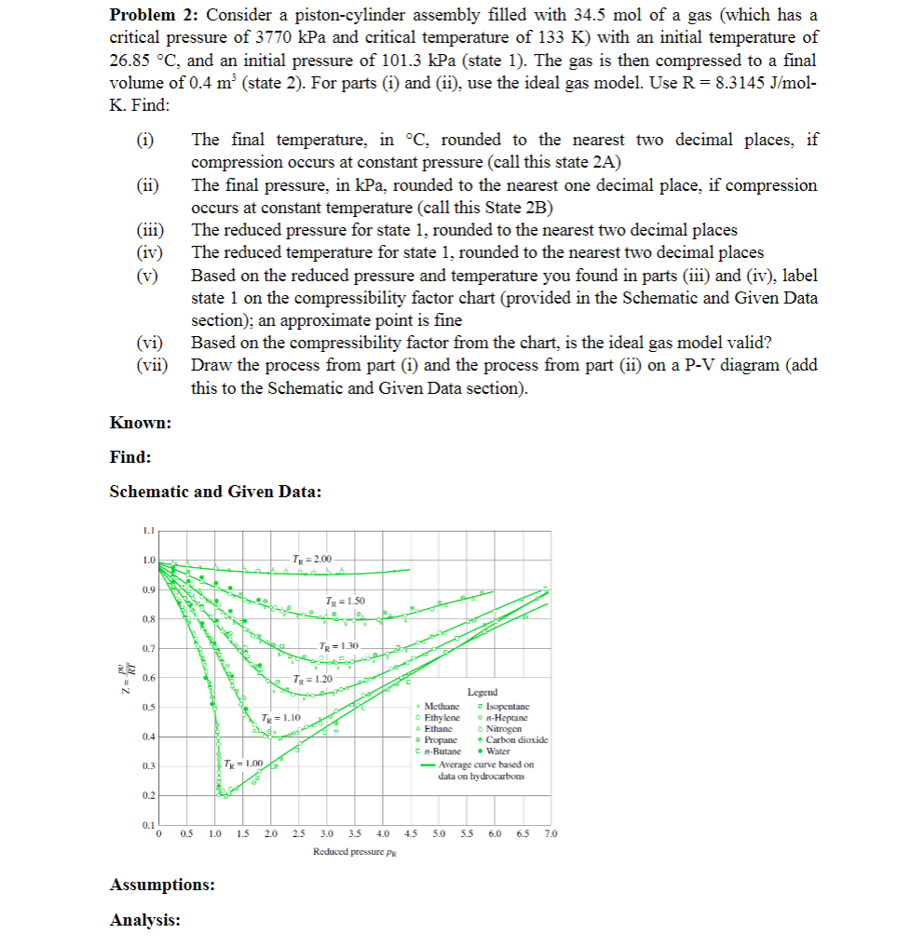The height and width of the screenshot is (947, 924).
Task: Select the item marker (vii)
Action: coord(151,365)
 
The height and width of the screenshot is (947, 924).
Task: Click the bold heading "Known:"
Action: coord(140,424)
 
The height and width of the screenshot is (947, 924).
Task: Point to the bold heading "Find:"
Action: coord(130,457)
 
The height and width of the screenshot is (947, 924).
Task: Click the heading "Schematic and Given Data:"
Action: coord(215,492)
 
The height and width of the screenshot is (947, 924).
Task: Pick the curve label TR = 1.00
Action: coord(244,764)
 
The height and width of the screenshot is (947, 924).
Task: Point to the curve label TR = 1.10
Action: coord(279,718)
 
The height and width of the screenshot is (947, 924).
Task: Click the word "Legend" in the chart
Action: coord(482,692)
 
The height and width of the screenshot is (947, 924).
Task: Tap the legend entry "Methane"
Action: coord(442,706)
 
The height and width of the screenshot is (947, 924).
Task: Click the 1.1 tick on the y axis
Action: coord(146,531)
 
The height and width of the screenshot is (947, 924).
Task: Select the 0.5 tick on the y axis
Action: coord(146,707)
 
